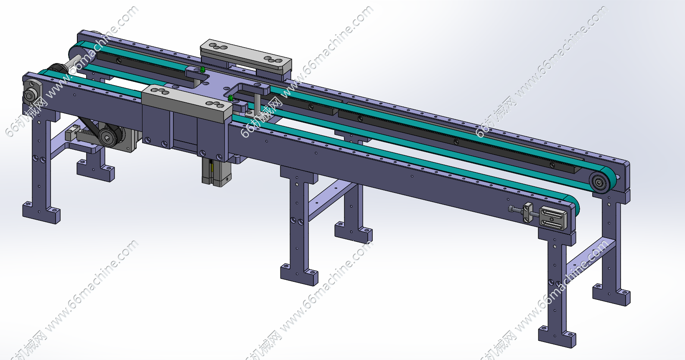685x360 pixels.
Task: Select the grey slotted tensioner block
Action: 553,218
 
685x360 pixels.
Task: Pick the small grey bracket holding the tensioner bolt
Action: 528,213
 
